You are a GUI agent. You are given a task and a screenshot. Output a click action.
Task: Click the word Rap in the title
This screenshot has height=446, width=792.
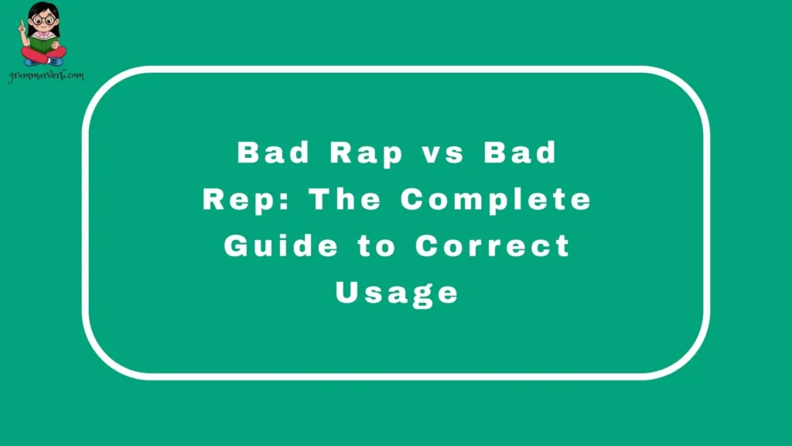click(367, 153)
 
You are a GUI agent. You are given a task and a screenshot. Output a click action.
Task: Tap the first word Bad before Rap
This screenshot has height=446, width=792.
click(273, 153)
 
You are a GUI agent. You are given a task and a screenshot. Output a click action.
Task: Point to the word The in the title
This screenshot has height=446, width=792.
click(346, 200)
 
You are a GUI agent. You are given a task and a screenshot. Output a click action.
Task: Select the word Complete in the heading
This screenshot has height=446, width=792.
click(495, 200)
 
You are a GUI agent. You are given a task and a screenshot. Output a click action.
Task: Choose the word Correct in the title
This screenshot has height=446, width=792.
click(493, 246)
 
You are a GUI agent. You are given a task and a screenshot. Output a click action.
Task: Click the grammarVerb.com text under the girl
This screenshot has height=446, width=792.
click(46, 76)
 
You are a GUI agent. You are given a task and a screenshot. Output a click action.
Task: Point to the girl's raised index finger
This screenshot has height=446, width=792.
click(23, 23)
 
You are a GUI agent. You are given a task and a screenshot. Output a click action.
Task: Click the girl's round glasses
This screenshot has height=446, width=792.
click(43, 21)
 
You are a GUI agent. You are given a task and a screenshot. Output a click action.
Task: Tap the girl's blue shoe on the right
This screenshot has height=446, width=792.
click(56, 61)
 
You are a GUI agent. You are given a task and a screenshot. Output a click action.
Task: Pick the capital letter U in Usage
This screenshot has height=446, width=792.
click(346, 292)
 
